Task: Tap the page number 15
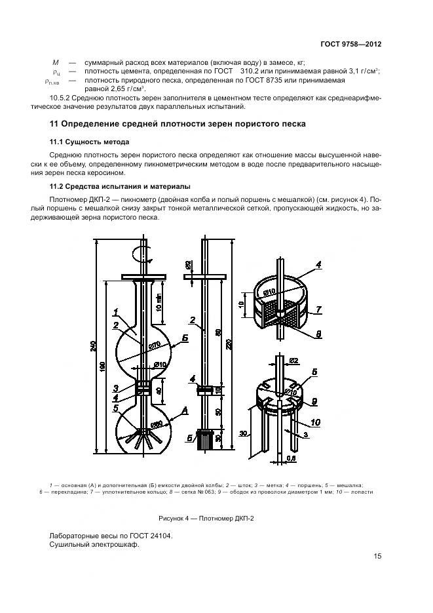pyautogui.click(x=377, y=557)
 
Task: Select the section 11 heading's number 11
pyautogui.click(x=55, y=123)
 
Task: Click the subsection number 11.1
pyautogui.click(x=57, y=142)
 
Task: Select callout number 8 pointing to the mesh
pyautogui.click(x=319, y=334)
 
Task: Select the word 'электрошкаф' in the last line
pyautogui.click(x=117, y=545)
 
